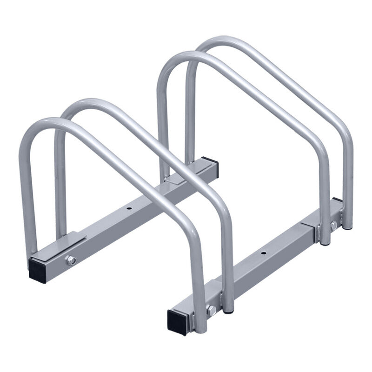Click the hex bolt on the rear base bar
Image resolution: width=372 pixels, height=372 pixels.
pos(71,260)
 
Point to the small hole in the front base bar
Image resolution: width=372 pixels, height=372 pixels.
pos(264,254)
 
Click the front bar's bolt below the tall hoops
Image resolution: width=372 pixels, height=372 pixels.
pos(333,225)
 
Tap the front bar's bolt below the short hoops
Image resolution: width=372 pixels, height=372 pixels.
pos(211,311)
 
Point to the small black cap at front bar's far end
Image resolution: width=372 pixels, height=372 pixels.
pos(338,200)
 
